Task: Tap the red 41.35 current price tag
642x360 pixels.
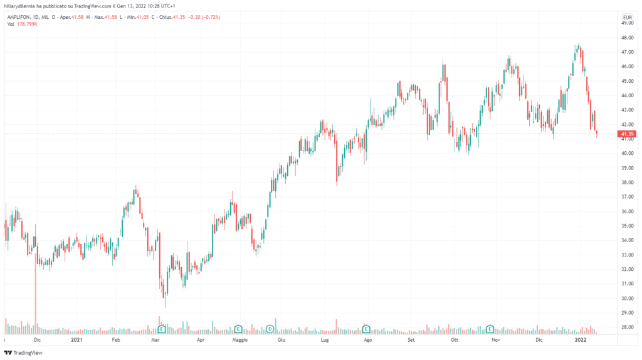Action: point(626,134)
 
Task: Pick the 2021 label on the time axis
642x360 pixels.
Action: point(76,341)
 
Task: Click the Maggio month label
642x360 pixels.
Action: point(240,341)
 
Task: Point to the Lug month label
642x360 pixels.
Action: point(325,341)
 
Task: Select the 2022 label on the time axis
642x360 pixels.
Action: point(581,341)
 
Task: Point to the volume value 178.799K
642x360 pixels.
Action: point(28,24)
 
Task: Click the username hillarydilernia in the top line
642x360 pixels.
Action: point(22,6)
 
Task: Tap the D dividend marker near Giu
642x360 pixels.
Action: point(270,329)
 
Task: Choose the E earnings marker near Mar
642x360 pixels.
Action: point(161,329)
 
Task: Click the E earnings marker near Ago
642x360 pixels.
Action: point(366,328)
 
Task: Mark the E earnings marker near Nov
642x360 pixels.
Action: point(490,328)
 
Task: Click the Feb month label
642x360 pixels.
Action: point(116,341)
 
